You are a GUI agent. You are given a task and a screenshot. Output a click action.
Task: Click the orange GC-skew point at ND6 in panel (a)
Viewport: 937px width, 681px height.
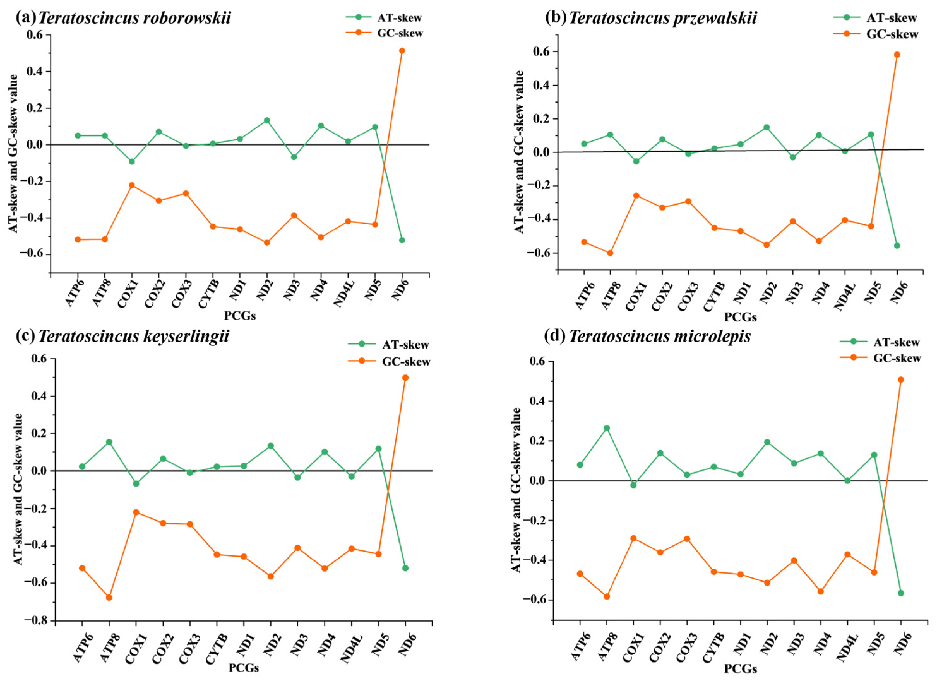pos(402,51)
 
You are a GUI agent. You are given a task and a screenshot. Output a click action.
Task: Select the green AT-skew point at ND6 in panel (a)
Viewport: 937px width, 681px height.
pos(402,240)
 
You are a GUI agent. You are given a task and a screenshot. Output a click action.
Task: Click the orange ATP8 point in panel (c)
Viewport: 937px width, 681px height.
pos(109,598)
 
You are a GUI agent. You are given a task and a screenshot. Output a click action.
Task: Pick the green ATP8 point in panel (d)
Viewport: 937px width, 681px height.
pos(607,428)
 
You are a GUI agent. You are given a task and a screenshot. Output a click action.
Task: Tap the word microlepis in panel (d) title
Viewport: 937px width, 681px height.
pos(710,337)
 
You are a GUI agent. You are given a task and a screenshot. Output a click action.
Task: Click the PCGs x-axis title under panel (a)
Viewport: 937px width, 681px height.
pos(240,316)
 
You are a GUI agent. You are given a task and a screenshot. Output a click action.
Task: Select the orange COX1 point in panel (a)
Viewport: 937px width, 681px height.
pos(132,185)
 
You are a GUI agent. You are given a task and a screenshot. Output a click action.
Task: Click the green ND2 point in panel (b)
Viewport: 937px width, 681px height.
pos(767,127)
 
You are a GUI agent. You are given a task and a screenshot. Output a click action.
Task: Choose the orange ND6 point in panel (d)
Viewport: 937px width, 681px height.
pos(901,379)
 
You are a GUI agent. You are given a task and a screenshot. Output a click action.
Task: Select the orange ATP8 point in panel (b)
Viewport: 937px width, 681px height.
pos(610,253)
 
